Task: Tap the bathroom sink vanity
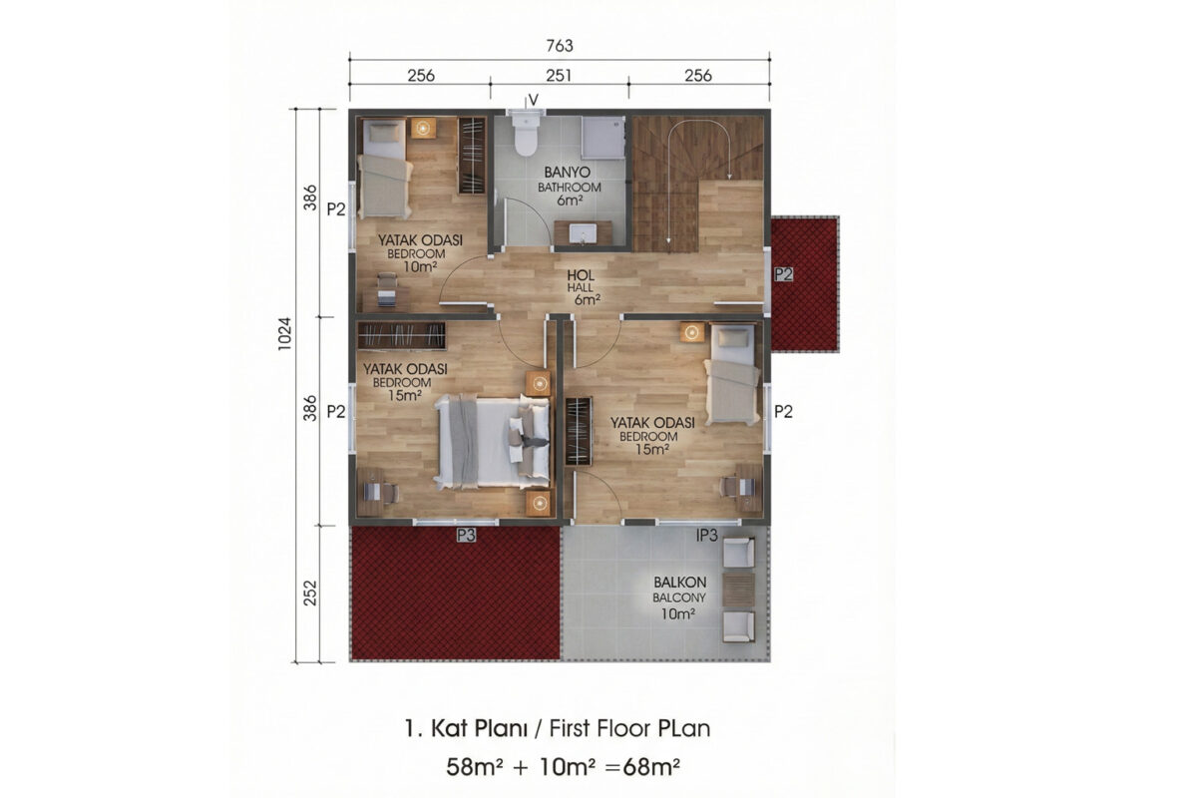tap(583, 233)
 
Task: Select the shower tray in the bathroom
tap(603, 138)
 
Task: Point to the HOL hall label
tap(581, 275)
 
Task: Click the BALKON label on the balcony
tap(679, 583)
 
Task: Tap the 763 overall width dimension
tap(560, 46)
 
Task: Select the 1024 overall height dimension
tap(285, 334)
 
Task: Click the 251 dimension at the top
tap(559, 76)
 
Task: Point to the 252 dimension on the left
tap(310, 594)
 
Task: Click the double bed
tap(492, 442)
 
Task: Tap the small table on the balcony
tap(738, 591)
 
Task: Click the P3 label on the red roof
tap(466, 535)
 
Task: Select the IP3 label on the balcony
tap(706, 535)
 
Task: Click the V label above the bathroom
tap(533, 100)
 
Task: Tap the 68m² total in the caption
tap(651, 767)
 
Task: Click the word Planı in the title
tap(501, 728)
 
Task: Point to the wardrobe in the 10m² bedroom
tap(472, 155)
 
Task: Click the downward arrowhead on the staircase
tap(668, 241)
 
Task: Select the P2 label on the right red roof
tap(783, 274)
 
